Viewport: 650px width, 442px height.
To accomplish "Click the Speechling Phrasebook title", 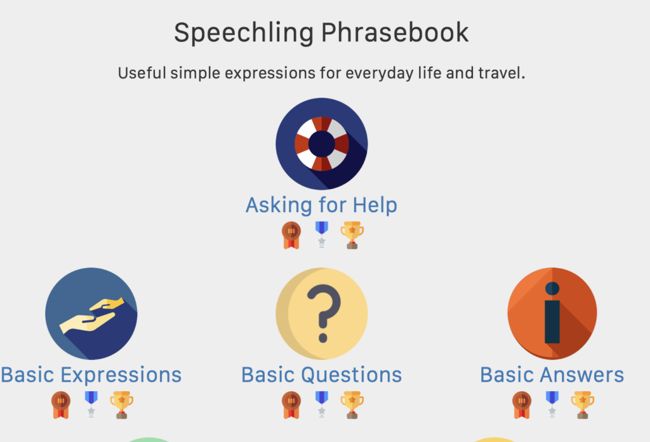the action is click(321, 32).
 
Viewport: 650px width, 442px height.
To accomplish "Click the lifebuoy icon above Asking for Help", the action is click(322, 144).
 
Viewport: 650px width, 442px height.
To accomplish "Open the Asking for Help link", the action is click(321, 205).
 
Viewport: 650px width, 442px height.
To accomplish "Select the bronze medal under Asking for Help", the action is click(291, 235).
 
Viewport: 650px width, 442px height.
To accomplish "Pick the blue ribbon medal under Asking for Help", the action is click(322, 234).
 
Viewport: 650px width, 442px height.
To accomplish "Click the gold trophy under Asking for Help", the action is click(352, 235).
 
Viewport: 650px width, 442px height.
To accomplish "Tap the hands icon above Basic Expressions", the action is click(91, 314).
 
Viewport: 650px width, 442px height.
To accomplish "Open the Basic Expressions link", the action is click(91, 375).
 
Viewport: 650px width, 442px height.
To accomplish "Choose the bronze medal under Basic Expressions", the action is click(61, 405).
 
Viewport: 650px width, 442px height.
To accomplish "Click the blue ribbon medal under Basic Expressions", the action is click(91, 404).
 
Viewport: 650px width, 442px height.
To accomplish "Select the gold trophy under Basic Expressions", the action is click(121, 405).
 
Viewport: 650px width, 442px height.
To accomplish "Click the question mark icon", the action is click(322, 314).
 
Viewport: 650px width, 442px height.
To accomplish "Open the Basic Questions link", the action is click(322, 375).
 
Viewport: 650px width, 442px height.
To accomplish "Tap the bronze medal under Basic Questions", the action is click(291, 405).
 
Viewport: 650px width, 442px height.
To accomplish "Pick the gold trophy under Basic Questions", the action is click(352, 405).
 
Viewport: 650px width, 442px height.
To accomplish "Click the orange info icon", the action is click(552, 314).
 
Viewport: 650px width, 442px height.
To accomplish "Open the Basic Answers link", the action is click(552, 375).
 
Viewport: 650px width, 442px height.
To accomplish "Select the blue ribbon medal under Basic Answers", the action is click(552, 404).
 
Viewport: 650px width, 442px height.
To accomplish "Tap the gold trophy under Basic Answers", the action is click(583, 405).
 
